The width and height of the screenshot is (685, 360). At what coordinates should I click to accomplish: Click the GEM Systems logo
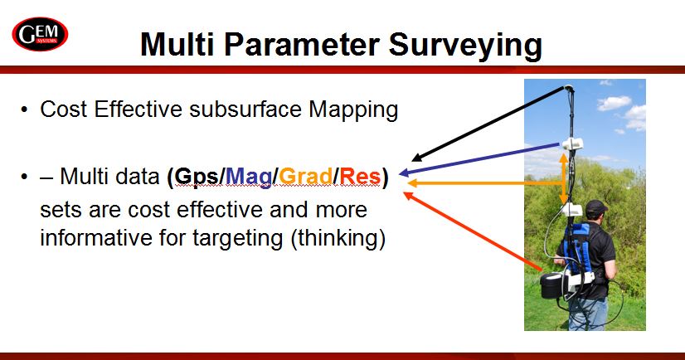point(40,34)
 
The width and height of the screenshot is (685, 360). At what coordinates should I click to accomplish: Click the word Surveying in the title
point(465,46)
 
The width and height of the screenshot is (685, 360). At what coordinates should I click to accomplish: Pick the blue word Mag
point(249,178)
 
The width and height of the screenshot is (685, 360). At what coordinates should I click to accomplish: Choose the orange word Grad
point(306,177)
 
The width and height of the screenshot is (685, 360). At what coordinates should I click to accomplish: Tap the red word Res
point(360,177)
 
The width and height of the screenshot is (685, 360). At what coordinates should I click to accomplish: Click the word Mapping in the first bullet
point(353,110)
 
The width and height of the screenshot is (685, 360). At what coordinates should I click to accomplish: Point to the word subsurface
point(245,109)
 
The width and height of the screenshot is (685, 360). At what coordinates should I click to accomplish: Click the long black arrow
point(488,124)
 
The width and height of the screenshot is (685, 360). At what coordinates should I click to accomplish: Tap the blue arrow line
point(479,158)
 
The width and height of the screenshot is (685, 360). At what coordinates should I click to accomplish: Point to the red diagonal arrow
point(472,231)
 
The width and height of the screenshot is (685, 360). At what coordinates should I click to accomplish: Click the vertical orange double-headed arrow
point(564,178)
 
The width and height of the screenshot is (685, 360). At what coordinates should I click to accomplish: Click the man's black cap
point(596,207)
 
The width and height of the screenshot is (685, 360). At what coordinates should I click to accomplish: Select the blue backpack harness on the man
point(578,247)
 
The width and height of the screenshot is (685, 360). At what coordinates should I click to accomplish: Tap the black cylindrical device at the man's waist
point(551,285)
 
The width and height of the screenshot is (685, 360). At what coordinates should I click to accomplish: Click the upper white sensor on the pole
point(572,144)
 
